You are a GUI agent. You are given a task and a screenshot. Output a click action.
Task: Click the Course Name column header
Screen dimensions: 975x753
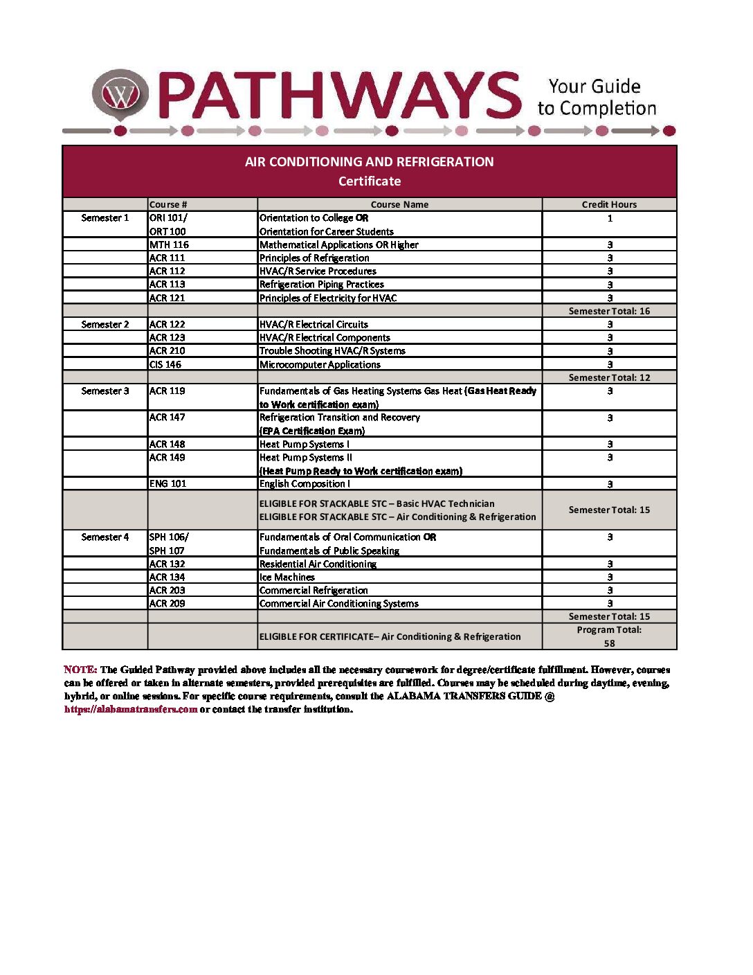[x=399, y=204]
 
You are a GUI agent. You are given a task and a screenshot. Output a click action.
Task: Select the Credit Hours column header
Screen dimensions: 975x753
[x=609, y=204]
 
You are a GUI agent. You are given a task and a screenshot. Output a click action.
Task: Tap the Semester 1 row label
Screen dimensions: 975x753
[x=105, y=218]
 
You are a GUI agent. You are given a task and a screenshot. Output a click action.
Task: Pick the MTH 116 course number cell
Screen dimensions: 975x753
[x=169, y=244]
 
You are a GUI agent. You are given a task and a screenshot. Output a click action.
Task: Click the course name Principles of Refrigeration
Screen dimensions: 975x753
[x=314, y=258]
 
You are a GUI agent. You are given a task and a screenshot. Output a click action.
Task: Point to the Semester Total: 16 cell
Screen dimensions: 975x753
[x=609, y=311]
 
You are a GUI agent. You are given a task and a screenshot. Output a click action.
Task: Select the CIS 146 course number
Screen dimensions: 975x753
[x=165, y=364]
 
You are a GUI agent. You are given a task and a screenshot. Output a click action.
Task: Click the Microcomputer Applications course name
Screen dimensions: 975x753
[x=320, y=364]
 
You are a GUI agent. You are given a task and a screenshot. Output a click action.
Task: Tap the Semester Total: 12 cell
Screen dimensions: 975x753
[x=609, y=377]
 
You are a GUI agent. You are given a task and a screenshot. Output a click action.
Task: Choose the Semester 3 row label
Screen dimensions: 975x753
[x=105, y=391]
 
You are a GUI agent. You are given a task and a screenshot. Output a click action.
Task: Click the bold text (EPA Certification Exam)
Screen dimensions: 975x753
[x=312, y=431]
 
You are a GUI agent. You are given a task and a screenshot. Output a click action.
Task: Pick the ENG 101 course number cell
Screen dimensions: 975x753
[x=167, y=483]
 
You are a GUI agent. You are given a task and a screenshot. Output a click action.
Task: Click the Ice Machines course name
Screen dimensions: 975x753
[x=287, y=577]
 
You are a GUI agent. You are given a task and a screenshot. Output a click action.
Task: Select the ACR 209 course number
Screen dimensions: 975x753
[x=167, y=603]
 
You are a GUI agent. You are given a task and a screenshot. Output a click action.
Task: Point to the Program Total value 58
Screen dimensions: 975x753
[x=609, y=643]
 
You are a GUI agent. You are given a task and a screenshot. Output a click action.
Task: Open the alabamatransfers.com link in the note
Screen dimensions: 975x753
[x=131, y=709]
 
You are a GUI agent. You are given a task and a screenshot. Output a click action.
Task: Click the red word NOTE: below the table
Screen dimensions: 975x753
[x=80, y=670]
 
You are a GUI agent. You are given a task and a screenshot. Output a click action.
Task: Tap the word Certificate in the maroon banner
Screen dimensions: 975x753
[x=370, y=181]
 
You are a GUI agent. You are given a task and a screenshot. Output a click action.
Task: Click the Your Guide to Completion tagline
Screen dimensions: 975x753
[x=596, y=97]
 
